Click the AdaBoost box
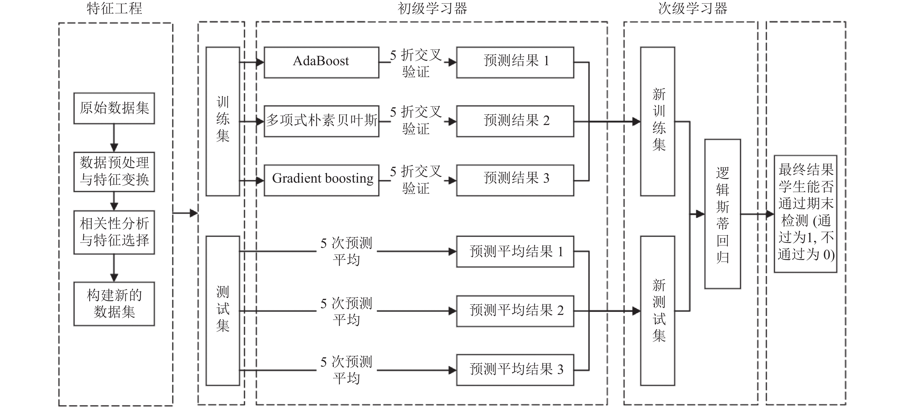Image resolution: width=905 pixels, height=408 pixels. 322,62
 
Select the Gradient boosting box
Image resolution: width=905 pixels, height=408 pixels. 322,180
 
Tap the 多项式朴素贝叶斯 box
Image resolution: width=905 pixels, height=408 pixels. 322,121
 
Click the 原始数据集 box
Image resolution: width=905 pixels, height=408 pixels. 114,108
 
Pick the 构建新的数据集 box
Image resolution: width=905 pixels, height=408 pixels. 114,304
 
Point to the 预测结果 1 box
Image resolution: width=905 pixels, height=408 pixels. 515,62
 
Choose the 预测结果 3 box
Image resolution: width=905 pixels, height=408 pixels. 515,180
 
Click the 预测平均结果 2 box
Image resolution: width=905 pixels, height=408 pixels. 515,311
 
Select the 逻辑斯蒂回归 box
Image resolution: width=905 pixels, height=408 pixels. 723,214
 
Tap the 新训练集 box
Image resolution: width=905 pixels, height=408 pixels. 658,121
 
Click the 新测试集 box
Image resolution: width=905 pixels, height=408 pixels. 658,311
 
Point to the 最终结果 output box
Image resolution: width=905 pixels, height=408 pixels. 805,214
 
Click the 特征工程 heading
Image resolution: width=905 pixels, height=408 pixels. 114,8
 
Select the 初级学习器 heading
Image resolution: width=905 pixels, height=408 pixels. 432,8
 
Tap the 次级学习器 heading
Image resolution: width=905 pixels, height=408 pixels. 692,8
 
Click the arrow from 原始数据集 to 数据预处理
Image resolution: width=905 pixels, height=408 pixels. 114,138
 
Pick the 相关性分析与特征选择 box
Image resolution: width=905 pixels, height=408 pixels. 114,232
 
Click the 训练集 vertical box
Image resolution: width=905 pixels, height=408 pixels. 223,121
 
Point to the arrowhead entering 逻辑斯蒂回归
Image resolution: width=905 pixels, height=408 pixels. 700,214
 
